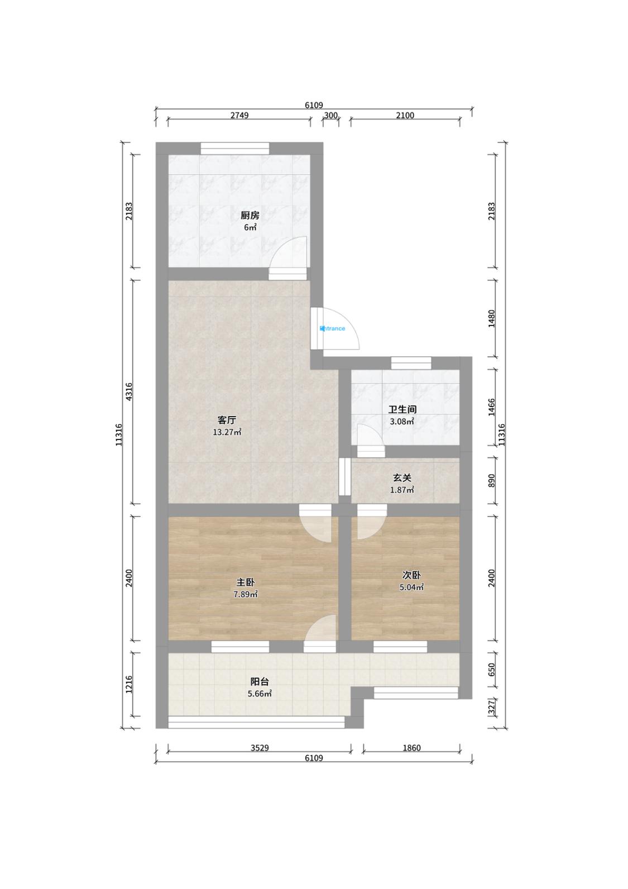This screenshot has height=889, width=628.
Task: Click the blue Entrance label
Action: point(332,328)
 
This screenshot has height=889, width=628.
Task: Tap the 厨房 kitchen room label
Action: point(250,216)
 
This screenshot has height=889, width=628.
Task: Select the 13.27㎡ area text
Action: point(227,432)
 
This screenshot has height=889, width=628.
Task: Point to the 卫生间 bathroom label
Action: point(402,409)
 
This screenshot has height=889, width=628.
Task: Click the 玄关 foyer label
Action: point(402,478)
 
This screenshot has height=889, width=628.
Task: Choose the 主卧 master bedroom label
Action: point(246,582)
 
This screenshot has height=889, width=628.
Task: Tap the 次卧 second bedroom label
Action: point(411,575)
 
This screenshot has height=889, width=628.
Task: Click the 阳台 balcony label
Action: point(260,682)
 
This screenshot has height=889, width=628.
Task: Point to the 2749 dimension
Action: point(239,115)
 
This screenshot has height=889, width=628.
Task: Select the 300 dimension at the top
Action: point(331,115)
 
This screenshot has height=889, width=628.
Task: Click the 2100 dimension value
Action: point(405,115)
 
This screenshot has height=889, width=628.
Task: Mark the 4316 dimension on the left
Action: point(129,391)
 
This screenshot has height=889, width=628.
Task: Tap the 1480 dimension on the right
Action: point(492,318)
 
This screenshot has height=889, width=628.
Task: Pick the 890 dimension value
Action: point(492,481)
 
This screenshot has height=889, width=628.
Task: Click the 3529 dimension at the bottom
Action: point(260,748)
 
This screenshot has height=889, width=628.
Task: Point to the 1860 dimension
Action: point(411,748)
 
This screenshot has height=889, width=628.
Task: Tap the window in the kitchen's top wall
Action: point(235,149)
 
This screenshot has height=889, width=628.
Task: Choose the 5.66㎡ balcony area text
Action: point(260,694)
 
